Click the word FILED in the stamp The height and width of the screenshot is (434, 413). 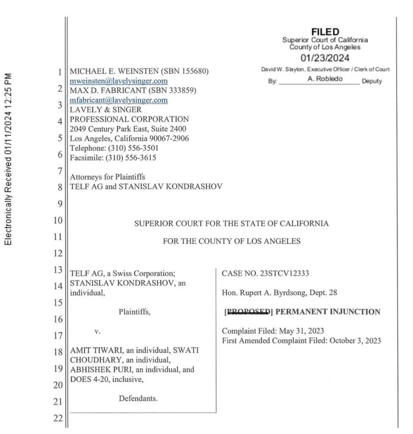point(325,32)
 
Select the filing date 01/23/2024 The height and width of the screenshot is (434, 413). point(325,58)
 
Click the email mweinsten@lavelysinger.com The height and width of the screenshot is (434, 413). point(119,81)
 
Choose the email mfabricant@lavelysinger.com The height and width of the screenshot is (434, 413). point(119,100)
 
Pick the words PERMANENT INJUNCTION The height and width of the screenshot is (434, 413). point(328,312)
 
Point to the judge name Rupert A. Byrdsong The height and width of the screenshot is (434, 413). point(268,293)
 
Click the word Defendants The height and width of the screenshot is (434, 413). point(138,399)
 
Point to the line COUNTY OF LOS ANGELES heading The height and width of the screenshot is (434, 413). point(232,241)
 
